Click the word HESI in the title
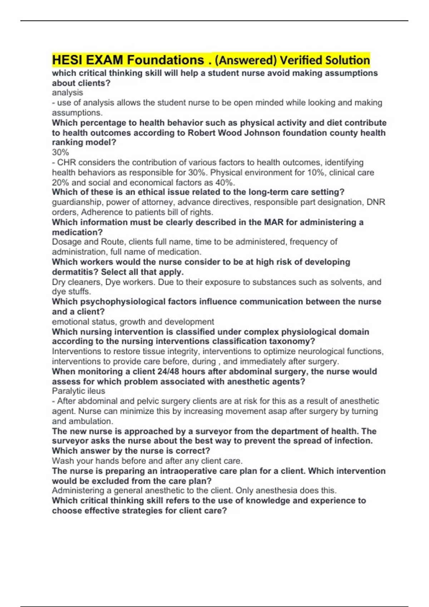click(x=65, y=60)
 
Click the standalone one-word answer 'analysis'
click(x=67, y=93)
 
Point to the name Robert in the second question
click(x=202, y=133)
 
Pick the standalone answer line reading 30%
click(x=60, y=152)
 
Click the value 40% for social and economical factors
click(x=225, y=182)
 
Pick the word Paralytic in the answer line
click(x=66, y=391)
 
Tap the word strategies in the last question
click(x=143, y=511)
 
